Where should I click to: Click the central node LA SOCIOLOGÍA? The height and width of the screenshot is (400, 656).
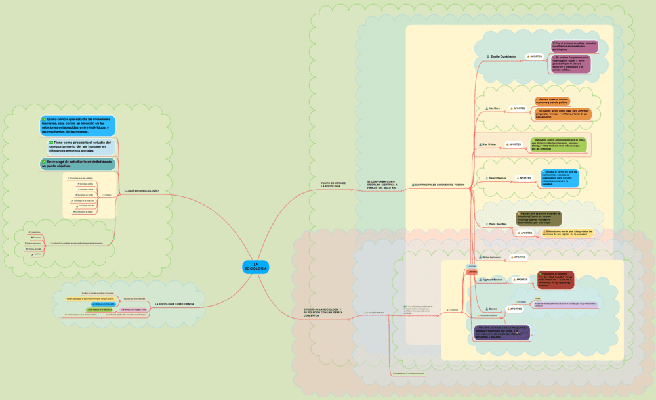click(x=255, y=266)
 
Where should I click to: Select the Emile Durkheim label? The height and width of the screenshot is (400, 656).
click(x=502, y=57)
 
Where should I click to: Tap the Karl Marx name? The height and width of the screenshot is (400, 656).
click(x=494, y=108)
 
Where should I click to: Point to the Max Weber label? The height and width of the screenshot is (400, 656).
click(x=489, y=144)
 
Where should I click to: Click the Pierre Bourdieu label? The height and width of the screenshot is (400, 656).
click(x=497, y=223)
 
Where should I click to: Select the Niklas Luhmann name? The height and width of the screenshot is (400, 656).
click(x=491, y=257)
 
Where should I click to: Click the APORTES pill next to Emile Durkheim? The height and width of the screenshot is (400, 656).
click(x=535, y=57)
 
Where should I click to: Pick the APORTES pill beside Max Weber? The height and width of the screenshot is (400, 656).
click(x=514, y=144)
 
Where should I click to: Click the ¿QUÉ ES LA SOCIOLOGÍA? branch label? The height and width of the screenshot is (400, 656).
click(x=144, y=190)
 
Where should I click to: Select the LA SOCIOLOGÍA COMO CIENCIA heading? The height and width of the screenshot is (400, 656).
click(x=174, y=304)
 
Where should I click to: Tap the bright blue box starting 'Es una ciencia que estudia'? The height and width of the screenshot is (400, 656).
click(x=78, y=125)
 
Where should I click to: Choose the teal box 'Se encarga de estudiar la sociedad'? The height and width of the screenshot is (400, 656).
click(x=78, y=164)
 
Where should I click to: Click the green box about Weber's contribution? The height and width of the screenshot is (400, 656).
click(x=559, y=144)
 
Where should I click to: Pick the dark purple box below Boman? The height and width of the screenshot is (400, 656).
click(x=502, y=332)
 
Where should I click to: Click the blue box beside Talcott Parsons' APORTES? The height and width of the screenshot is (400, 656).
click(x=560, y=178)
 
